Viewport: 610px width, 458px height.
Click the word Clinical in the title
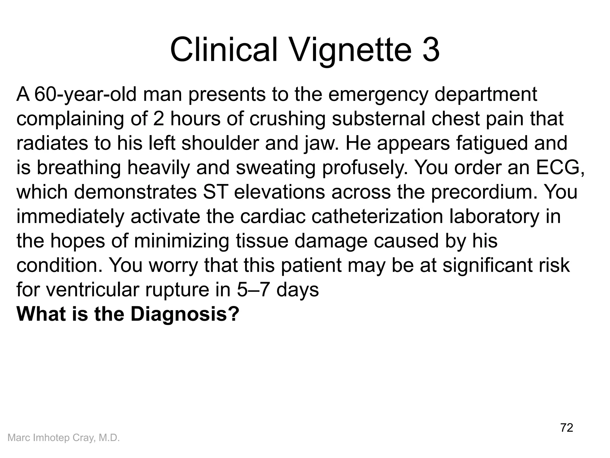(x=224, y=49)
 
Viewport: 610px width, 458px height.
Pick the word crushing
(x=287, y=119)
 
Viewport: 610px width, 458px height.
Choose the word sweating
(x=276, y=168)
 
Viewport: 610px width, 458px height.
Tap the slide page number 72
(x=567, y=428)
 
